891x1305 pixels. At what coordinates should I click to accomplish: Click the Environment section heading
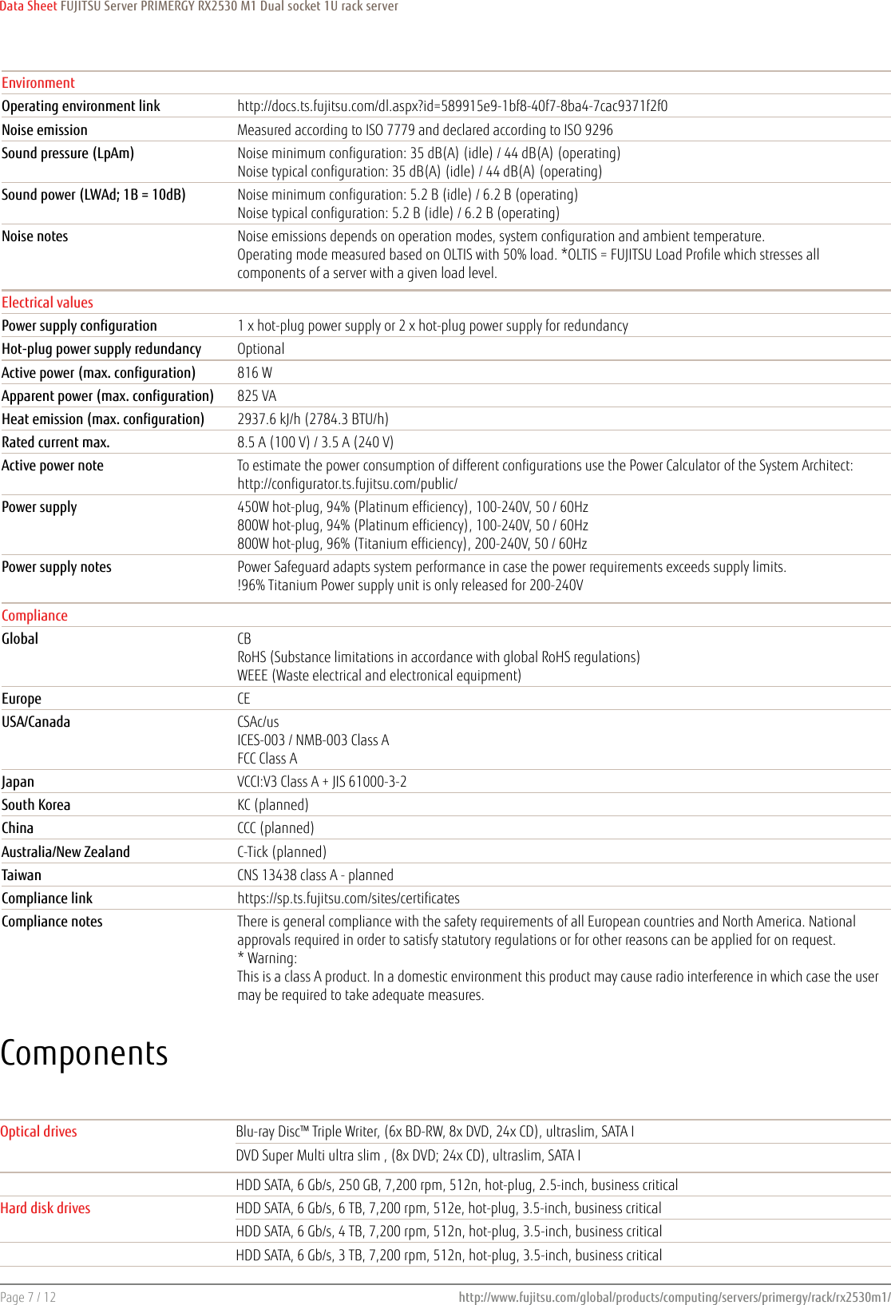point(38,83)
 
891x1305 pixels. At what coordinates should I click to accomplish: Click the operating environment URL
point(452,106)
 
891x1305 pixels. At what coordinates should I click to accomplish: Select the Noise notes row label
point(35,236)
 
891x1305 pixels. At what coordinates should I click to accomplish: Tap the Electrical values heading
point(47,303)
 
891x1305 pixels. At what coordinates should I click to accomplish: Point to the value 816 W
point(255,373)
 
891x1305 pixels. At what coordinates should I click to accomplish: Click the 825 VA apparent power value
point(256,396)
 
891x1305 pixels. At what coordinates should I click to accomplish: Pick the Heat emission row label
point(103,419)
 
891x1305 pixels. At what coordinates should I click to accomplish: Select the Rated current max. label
point(56,442)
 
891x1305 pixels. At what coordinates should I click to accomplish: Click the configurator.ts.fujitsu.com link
point(347,484)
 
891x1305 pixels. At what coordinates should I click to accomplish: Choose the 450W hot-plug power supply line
point(412,507)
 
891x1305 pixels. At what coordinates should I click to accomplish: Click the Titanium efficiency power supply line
point(412,544)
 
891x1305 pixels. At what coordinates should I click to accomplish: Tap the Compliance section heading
point(34,616)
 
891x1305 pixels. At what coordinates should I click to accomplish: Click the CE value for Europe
point(244,699)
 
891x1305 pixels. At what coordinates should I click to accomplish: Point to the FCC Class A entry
point(267,759)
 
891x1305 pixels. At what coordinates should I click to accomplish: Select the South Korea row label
point(36,805)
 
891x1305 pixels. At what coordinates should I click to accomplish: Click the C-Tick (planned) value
point(282,852)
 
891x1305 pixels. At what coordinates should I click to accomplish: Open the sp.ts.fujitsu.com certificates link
point(348,898)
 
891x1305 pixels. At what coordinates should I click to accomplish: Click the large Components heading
point(85,1053)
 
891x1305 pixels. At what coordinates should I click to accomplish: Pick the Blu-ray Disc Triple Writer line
point(435,1132)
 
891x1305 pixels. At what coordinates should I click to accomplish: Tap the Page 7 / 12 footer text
point(29,1297)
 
